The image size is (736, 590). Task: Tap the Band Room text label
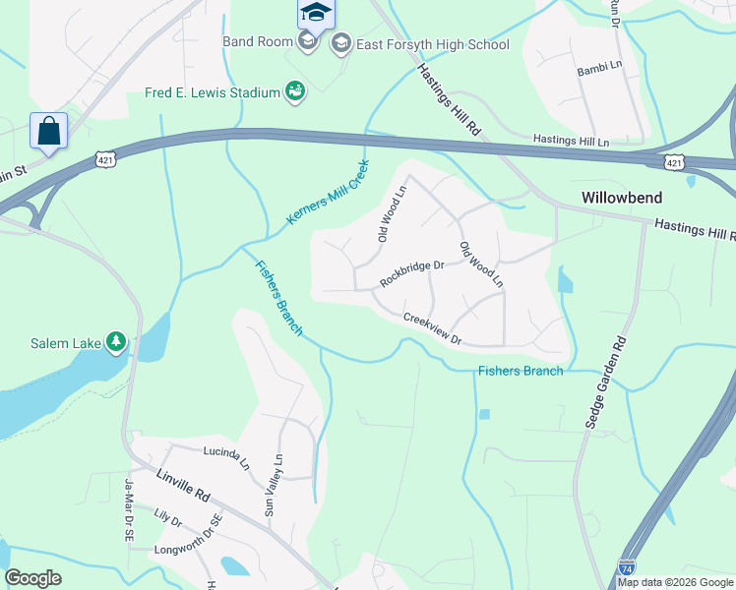[x=258, y=41]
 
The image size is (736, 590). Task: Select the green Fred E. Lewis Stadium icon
[x=294, y=92]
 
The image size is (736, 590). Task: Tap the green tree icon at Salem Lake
[x=117, y=342]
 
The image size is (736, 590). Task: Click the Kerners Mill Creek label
[x=328, y=192]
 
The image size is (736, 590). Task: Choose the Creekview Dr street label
[x=433, y=328]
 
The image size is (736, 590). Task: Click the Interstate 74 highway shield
[x=627, y=567]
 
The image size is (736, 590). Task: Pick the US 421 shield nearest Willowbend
[x=673, y=161]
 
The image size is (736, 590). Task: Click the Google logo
[x=34, y=578]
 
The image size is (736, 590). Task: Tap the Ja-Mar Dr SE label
[x=128, y=509]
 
